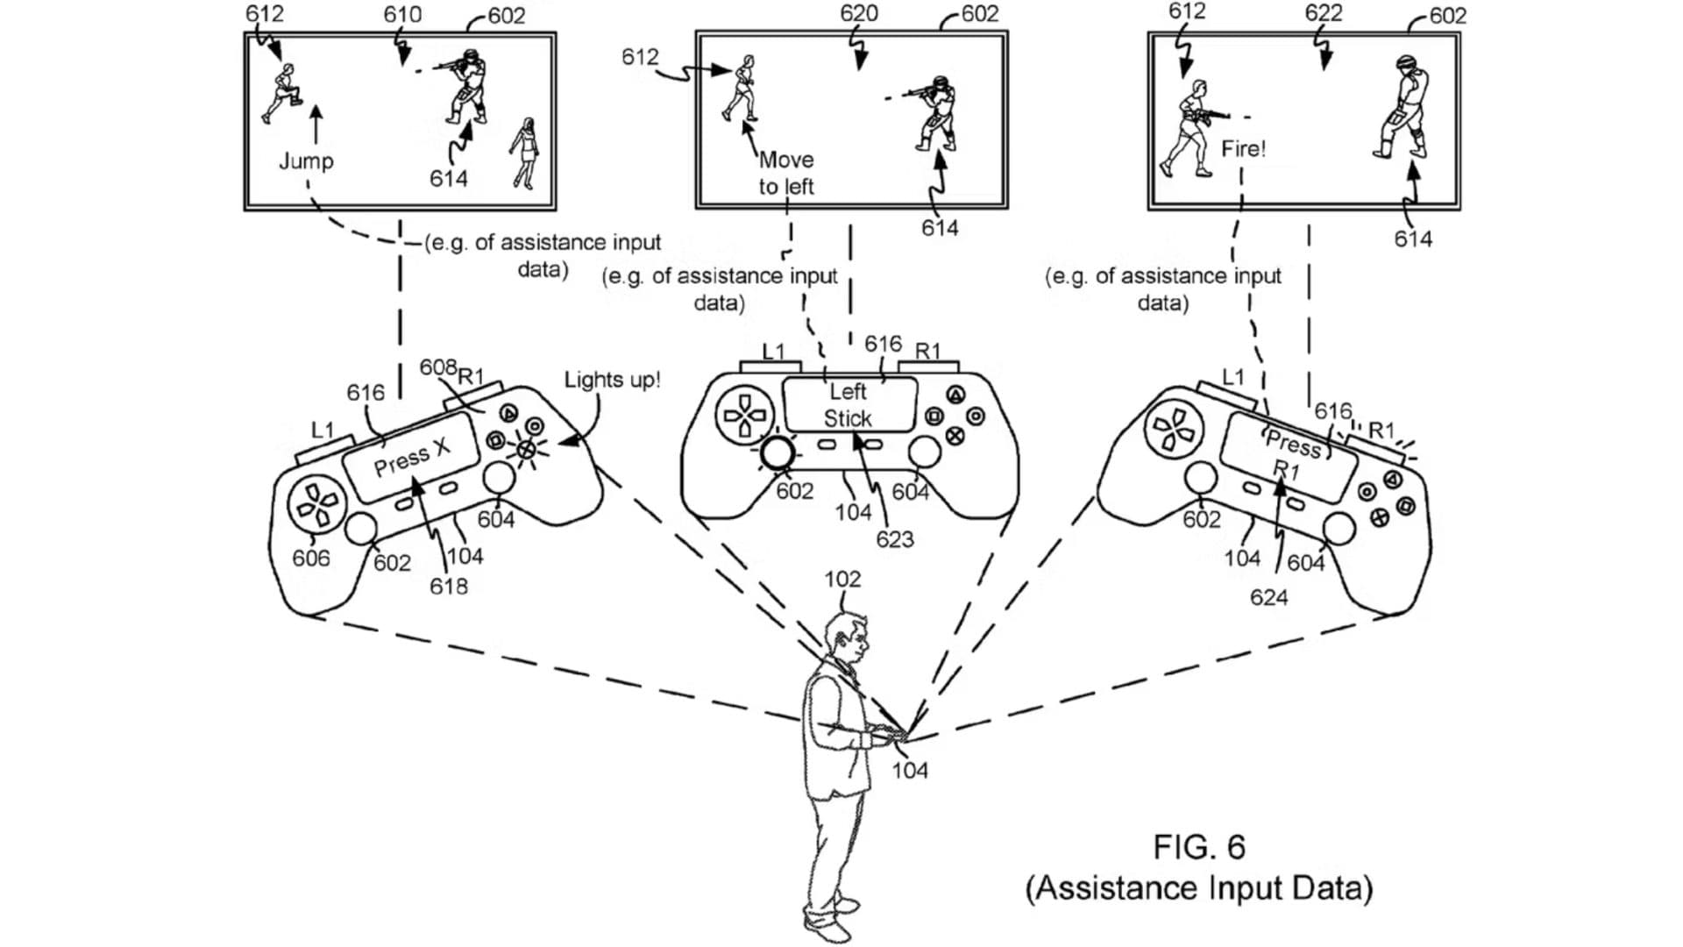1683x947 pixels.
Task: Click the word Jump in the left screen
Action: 306,161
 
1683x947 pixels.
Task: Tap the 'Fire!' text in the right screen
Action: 1243,148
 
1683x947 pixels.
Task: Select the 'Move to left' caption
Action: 786,173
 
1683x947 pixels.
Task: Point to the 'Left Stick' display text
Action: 849,405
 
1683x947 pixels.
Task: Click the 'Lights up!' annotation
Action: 612,380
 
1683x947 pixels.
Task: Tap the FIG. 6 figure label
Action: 1198,847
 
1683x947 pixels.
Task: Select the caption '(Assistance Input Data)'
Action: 1199,888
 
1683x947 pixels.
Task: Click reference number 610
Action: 402,15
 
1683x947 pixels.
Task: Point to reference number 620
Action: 858,13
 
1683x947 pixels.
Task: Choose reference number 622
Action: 1323,12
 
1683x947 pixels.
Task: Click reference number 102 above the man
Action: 842,579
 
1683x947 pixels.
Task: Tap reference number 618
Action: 448,585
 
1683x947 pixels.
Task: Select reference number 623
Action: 894,539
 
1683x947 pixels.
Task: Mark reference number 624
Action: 1268,597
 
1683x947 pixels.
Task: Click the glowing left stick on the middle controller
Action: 778,452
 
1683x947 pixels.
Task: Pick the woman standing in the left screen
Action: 525,153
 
